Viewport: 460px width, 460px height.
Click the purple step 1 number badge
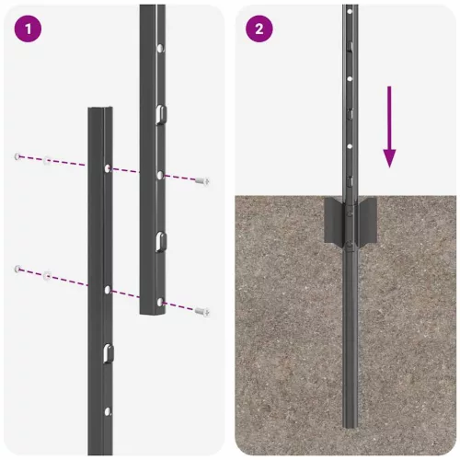click(x=29, y=29)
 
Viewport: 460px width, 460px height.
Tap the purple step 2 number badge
click(x=259, y=29)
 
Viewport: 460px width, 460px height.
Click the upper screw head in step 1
click(x=202, y=181)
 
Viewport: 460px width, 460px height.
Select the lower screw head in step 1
click(x=202, y=312)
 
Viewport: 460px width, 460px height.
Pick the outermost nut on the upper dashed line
click(x=17, y=156)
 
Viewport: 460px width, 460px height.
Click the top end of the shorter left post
click(x=100, y=110)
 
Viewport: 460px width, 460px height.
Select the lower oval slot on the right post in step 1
click(x=160, y=242)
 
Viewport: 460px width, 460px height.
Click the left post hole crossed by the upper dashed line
click(x=108, y=169)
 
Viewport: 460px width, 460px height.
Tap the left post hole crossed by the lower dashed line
click(x=108, y=290)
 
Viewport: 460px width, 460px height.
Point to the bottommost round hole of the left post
click(x=108, y=411)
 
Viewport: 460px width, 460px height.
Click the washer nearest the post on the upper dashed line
click(x=46, y=161)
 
